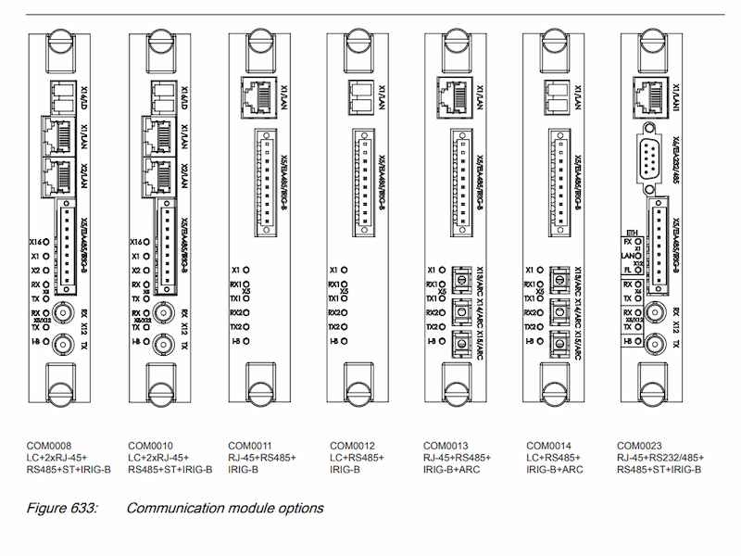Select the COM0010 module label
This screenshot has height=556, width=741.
[151, 444]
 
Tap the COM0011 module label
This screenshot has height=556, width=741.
[250, 444]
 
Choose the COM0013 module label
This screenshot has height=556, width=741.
[446, 444]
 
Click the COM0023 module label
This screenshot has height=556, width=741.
[640, 444]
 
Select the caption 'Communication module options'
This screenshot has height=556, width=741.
[225, 508]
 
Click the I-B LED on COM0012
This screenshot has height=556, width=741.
[343, 342]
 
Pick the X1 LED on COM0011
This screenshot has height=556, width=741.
[245, 270]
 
